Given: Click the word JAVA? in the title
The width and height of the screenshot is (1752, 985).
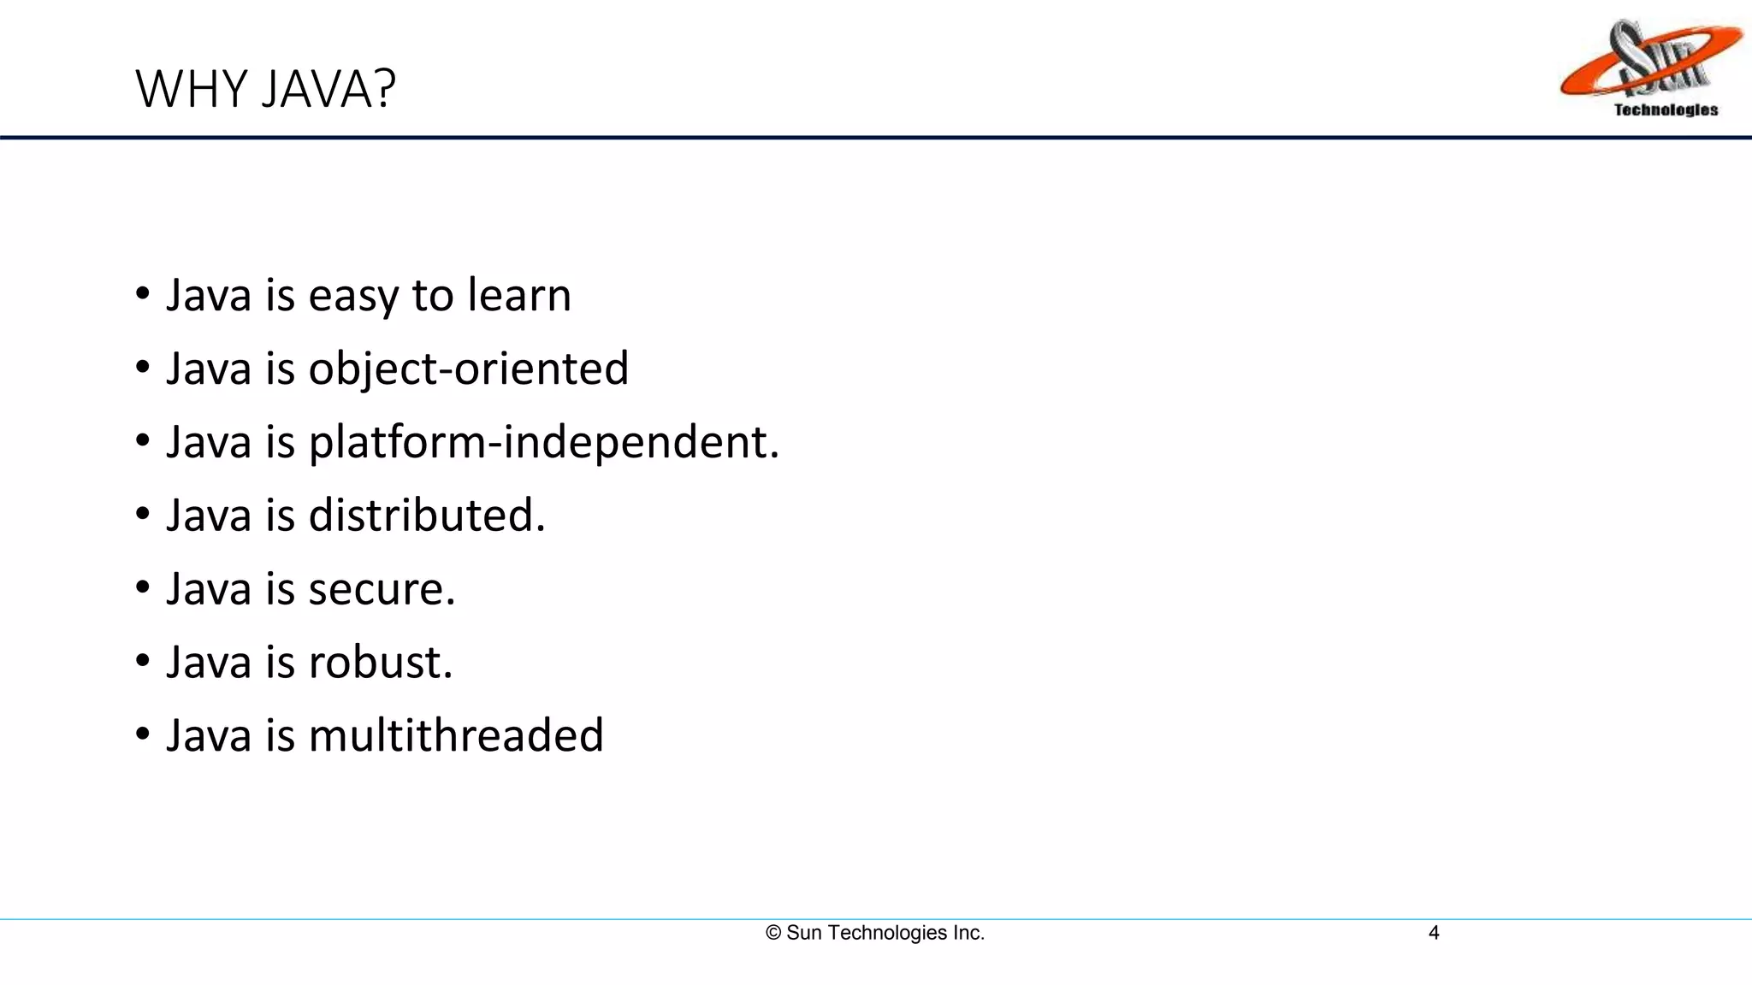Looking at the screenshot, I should click(x=329, y=89).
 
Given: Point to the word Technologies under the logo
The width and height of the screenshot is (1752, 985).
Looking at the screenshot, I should click(x=1666, y=109).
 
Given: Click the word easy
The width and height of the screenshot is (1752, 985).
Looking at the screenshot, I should click(x=353, y=297).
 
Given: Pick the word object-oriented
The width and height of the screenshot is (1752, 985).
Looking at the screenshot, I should click(x=469, y=369).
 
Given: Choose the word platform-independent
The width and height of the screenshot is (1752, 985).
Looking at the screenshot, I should click(x=544, y=443).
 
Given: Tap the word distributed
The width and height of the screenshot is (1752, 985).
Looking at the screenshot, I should click(x=426, y=516).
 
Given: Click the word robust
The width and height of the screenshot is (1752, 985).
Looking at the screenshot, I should click(x=380, y=663).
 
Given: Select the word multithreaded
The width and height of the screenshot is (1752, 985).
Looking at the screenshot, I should click(x=456, y=735).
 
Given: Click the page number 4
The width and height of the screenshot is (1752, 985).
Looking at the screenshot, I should click(x=1434, y=933).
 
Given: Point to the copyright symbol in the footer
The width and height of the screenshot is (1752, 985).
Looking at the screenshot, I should click(x=773, y=933).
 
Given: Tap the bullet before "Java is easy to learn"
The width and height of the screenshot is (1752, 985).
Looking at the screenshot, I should click(x=143, y=294).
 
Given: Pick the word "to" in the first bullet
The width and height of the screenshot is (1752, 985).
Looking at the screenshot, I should click(x=433, y=296).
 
